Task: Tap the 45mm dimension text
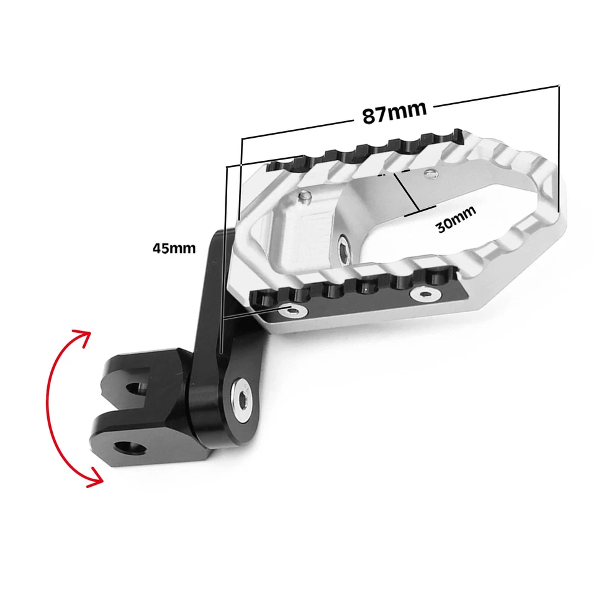tap(174, 248)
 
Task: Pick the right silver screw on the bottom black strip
tap(425, 293)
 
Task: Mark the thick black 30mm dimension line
tap(407, 193)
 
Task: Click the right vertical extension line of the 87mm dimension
tap(559, 149)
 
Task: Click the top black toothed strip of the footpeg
tap(366, 149)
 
